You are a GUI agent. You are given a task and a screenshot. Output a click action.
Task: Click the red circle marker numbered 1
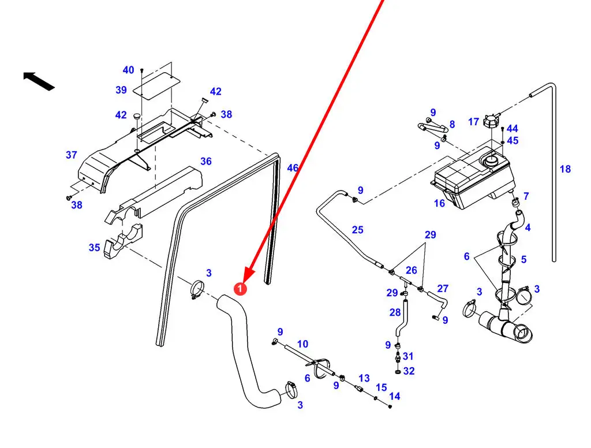point(240,288)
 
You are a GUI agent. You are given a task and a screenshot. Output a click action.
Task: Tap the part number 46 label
point(293,168)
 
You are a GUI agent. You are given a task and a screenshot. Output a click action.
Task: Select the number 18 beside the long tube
point(565,169)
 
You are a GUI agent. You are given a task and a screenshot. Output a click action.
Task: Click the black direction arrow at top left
point(39,81)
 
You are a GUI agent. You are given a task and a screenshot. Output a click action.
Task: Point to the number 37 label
point(72,155)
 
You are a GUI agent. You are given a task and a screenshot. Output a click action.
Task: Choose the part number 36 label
point(206,161)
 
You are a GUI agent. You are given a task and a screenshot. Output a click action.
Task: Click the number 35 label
point(94,248)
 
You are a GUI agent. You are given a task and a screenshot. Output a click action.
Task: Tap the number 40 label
point(128,70)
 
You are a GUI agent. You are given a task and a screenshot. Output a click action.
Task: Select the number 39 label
point(121,90)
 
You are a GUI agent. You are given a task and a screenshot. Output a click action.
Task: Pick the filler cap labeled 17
point(492,123)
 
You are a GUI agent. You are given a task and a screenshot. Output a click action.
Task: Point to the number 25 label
point(358,230)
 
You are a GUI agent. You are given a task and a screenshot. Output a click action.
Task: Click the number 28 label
point(395,312)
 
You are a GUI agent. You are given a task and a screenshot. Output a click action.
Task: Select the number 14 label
point(395,396)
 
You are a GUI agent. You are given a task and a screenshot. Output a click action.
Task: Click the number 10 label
point(302,345)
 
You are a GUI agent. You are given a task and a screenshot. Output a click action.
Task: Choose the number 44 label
point(512,129)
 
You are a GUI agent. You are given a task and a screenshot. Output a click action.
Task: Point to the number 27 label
point(443,288)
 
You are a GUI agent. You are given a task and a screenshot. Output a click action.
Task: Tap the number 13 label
point(364,378)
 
